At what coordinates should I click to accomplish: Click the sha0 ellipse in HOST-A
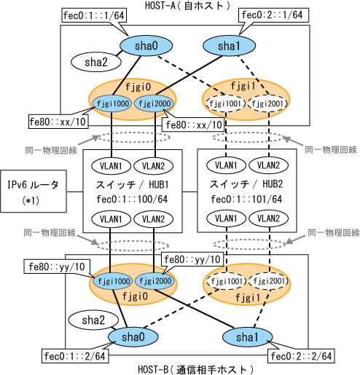pyautogui.click(x=146, y=46)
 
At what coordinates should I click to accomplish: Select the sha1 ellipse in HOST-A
pyautogui.click(x=229, y=46)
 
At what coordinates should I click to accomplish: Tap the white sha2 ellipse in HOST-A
pyautogui.click(x=96, y=62)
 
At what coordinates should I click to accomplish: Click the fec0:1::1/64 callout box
pyautogui.click(x=94, y=16)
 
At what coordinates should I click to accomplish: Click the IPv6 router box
pyautogui.click(x=34, y=192)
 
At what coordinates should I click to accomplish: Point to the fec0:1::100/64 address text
pyautogui.click(x=132, y=200)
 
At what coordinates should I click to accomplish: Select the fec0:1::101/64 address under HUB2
pyautogui.click(x=246, y=200)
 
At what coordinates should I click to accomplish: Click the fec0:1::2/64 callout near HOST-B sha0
pyautogui.click(x=75, y=356)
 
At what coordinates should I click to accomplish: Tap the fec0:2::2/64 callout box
pyautogui.click(x=301, y=356)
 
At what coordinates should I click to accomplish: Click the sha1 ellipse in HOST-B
pyautogui.click(x=247, y=337)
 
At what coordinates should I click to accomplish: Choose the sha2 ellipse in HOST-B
pyautogui.click(x=93, y=320)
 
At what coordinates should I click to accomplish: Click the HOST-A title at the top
pyautogui.click(x=187, y=5)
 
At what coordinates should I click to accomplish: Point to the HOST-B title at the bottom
pyautogui.click(x=196, y=370)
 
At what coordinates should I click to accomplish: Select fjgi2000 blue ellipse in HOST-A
pyautogui.click(x=154, y=103)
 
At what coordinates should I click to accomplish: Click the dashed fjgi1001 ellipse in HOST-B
pyautogui.click(x=227, y=281)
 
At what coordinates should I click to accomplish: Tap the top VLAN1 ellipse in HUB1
pyautogui.click(x=111, y=166)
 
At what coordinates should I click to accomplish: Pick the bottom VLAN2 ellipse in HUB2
pyautogui.click(x=269, y=218)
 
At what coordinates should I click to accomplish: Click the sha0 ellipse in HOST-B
pyautogui.click(x=133, y=337)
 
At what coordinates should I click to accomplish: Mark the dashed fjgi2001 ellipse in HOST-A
pyautogui.click(x=267, y=103)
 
